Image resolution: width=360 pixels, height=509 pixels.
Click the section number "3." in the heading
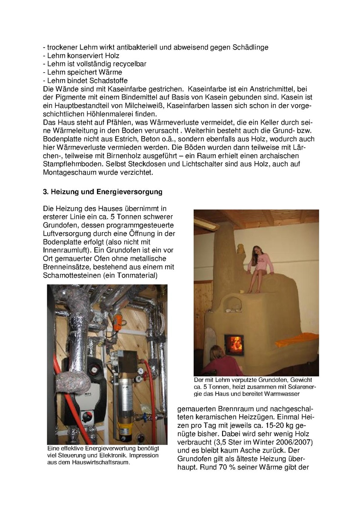[46, 192]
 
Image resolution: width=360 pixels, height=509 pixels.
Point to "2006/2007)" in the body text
[291, 443]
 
